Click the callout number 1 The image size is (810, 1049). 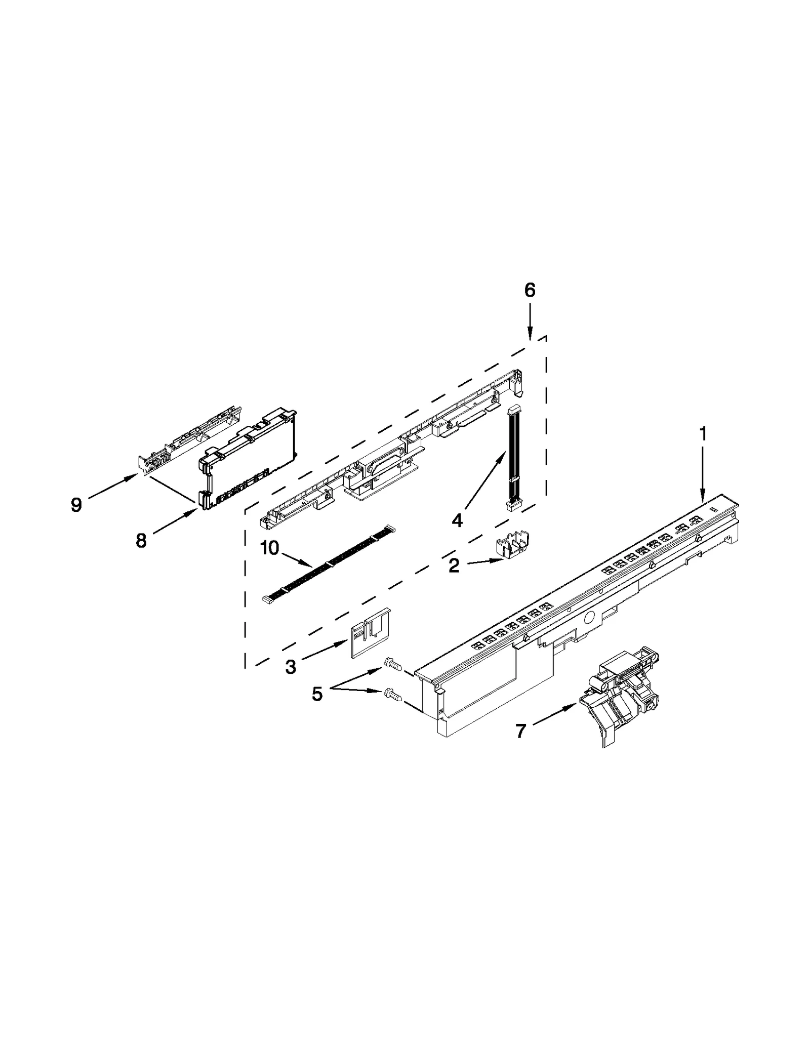703,434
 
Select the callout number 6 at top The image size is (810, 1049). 529,290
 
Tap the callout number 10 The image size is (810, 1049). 270,548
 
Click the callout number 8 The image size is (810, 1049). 141,541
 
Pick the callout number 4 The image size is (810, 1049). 457,520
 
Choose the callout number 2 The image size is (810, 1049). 454,566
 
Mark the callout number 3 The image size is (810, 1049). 291,667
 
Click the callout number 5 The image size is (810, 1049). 317,694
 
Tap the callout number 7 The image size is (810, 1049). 520,731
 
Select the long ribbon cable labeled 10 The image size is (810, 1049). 329,563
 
